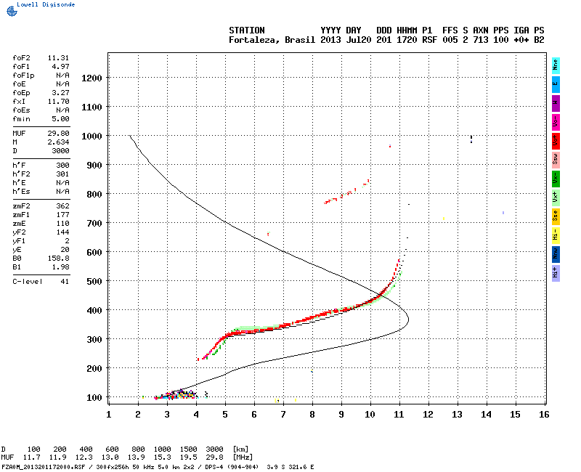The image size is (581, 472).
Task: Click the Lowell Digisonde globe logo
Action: coord(10,10)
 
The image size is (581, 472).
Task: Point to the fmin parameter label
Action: coord(21,118)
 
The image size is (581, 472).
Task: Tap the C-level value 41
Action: coord(64,280)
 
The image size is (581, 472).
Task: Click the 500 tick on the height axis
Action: coord(93,281)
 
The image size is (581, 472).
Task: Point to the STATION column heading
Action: coord(247,30)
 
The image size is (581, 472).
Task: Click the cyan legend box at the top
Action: coord(556,64)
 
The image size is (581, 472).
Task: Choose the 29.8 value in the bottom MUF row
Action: coord(215,457)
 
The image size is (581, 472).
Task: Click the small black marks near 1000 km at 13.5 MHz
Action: coord(471,138)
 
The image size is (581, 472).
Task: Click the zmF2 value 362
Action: coord(61,207)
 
